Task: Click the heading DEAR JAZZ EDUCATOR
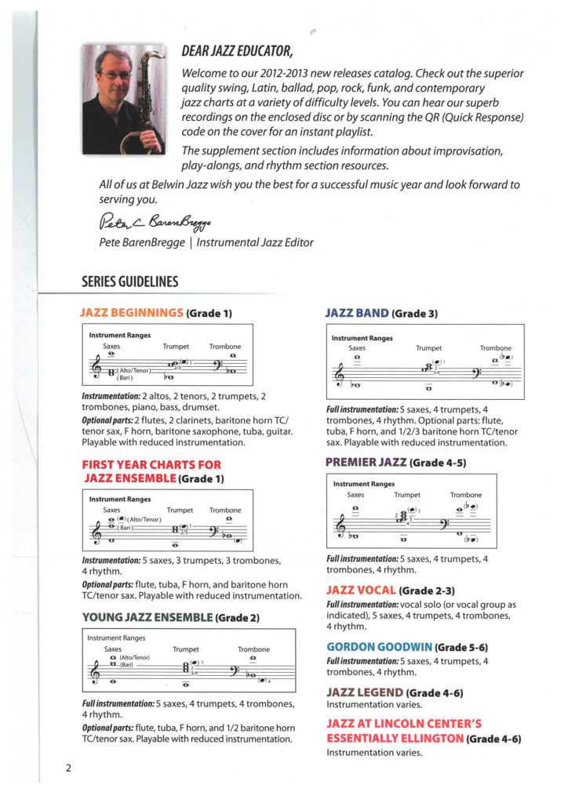click(236, 53)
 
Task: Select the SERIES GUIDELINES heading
click(129, 282)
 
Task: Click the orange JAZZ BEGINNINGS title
click(131, 314)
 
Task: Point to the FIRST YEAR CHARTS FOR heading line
click(151, 465)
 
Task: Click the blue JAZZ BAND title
click(357, 314)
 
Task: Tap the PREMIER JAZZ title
click(366, 463)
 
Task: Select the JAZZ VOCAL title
click(361, 589)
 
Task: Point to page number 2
click(69, 768)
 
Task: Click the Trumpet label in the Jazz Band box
click(428, 347)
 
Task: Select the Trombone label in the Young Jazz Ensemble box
click(253, 649)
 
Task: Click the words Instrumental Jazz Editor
click(255, 242)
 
